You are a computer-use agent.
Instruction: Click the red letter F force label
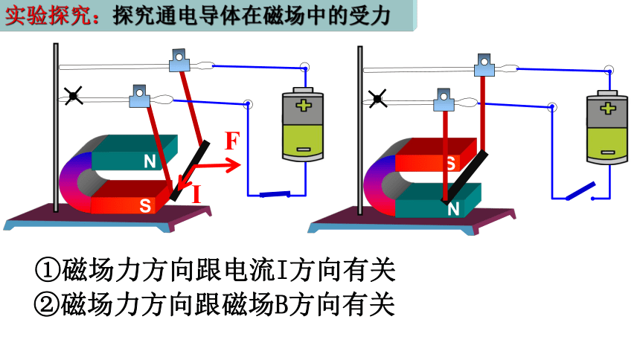pyautogui.click(x=232, y=141)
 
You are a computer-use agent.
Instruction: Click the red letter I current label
pyautogui.click(x=196, y=194)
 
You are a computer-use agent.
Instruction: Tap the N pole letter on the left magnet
pyautogui.click(x=150, y=161)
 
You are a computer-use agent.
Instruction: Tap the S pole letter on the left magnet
pyautogui.click(x=145, y=205)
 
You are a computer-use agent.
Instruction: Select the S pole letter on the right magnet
pyautogui.click(x=451, y=164)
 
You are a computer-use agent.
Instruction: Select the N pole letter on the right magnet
pyautogui.click(x=453, y=209)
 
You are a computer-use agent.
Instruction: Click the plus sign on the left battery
pyautogui.click(x=304, y=106)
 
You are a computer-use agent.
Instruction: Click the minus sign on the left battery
pyautogui.click(x=303, y=150)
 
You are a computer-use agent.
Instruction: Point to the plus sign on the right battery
pyautogui.click(x=608, y=108)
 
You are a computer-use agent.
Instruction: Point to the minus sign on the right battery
pyautogui.click(x=608, y=152)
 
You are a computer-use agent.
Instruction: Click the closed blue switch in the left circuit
pyautogui.click(x=275, y=194)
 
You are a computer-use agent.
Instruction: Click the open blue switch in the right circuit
pyautogui.click(x=580, y=190)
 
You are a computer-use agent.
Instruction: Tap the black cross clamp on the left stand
pyautogui.click(x=73, y=96)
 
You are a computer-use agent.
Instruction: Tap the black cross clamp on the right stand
pyautogui.click(x=377, y=99)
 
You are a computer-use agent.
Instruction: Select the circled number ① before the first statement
pyautogui.click(x=48, y=270)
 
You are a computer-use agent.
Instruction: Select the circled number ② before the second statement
pyautogui.click(x=47, y=304)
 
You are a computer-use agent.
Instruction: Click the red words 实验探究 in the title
pyautogui.click(x=48, y=16)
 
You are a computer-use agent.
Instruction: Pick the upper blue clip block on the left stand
pyautogui.click(x=179, y=60)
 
